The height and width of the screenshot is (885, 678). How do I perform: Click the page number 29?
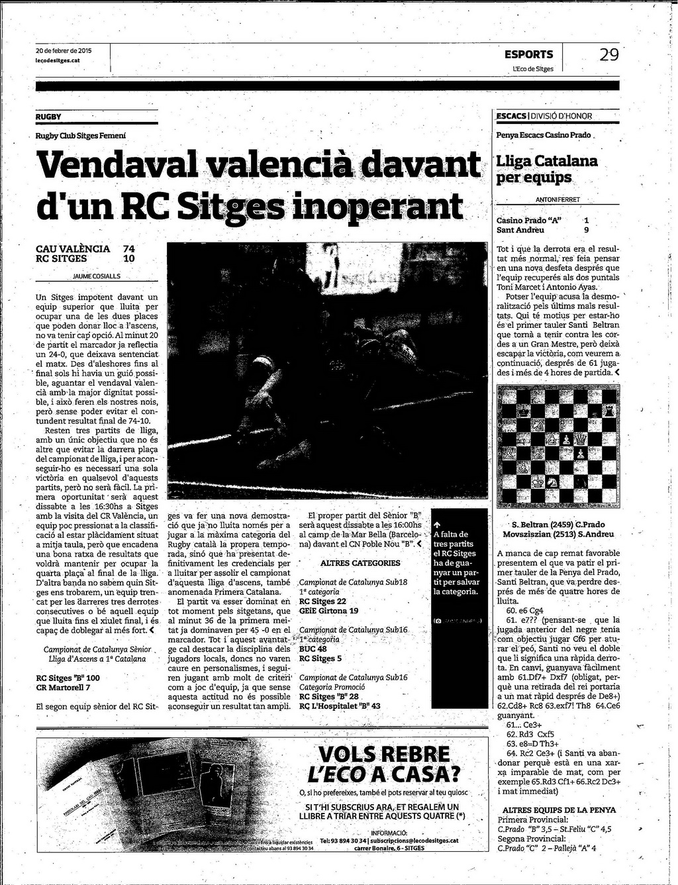click(608, 55)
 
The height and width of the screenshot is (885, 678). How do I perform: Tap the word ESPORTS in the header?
click(528, 54)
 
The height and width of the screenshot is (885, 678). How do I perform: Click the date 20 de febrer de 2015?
click(64, 51)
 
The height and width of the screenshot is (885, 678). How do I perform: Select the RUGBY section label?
click(48, 117)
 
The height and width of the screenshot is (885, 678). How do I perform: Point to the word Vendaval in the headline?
click(117, 165)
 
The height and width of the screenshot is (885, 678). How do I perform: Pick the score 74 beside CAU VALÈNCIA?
click(128, 249)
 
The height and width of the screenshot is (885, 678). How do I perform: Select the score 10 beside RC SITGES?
click(128, 259)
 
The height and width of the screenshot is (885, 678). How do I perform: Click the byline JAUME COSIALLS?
click(97, 276)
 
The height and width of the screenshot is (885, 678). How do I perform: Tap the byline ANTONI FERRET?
click(557, 199)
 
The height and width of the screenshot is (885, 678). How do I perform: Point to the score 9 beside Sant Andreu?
click(586, 231)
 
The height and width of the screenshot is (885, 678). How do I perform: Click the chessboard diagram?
click(558, 444)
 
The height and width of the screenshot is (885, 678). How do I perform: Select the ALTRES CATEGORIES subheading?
click(360, 563)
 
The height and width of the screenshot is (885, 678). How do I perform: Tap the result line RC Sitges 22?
click(322, 601)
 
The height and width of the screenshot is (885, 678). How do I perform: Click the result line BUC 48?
click(313, 649)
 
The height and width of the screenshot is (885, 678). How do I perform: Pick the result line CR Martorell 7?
click(63, 688)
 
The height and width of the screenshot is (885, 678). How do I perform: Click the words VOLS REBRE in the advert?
click(384, 755)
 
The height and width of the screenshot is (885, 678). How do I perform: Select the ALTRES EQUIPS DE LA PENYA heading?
click(559, 810)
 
